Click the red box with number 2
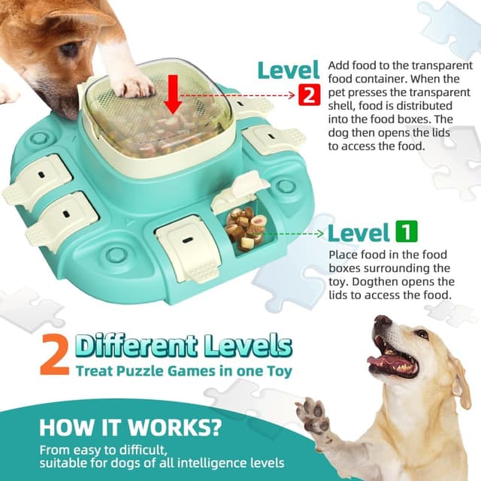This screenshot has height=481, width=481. tap(309, 95)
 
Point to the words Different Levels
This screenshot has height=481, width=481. tap(183, 346)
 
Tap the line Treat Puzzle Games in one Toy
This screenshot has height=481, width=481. tap(183, 371)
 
